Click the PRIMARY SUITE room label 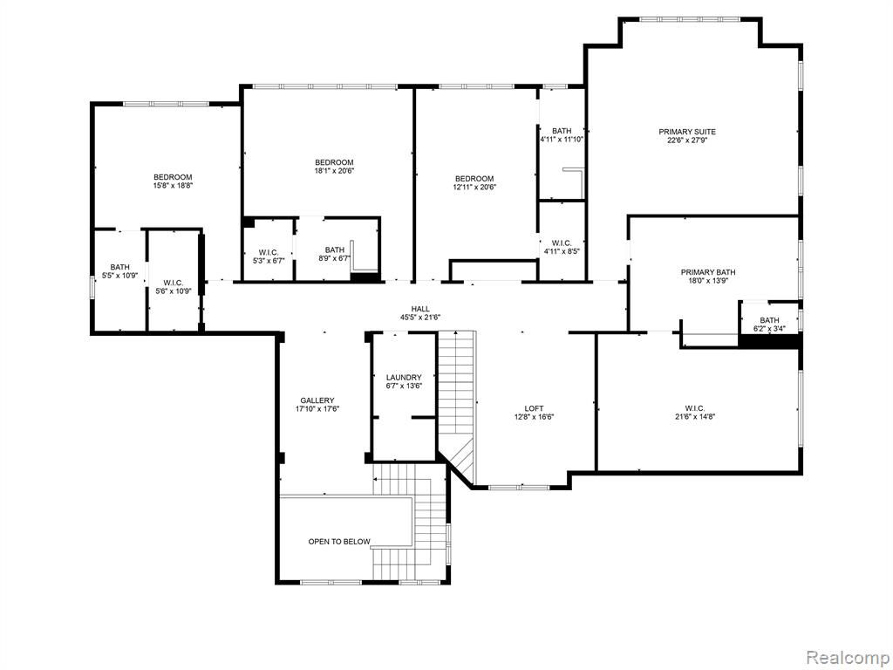pos(687,132)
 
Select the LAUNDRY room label pos(404,377)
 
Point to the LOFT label pos(534,408)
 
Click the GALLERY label pos(317,400)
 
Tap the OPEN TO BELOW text pos(339,541)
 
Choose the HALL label pos(420,309)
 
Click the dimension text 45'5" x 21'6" pos(421,318)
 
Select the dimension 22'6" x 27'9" pos(687,140)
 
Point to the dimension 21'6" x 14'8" pos(695,416)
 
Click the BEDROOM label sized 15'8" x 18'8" pos(173,177)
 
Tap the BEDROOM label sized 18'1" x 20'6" pos(334,162)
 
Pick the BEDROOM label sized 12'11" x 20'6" pos(474,178)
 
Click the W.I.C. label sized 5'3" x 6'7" pos(269,252)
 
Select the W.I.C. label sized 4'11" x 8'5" pos(562,243)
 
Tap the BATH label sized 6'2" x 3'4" pos(769,320)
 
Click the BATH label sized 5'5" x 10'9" pos(119,267)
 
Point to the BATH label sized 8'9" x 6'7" pos(334,250)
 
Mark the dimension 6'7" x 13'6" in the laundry pos(404,386)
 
